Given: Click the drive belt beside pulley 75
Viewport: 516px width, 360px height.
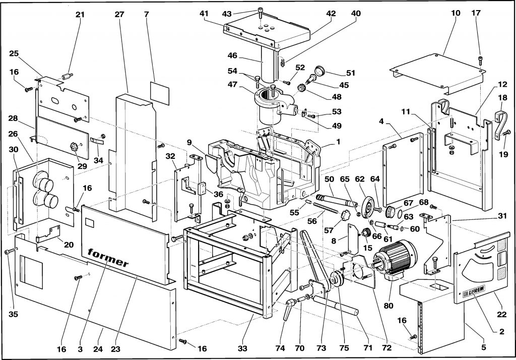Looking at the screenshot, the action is coord(314,260).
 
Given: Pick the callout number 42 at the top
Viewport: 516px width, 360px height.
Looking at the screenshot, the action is coord(331,14).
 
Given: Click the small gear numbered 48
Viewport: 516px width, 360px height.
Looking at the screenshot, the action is coord(301,89).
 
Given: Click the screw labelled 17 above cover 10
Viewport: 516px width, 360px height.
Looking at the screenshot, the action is coord(480,61).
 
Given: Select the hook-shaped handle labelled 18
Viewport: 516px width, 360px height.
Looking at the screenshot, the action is coord(500,125).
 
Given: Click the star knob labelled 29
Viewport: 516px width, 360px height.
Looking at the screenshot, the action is coord(74,146).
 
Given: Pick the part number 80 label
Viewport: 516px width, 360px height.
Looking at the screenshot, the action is coord(389,306).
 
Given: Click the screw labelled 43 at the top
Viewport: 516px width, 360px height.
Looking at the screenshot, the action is coord(260,11).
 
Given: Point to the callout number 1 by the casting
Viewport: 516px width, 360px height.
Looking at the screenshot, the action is coord(338,142).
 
